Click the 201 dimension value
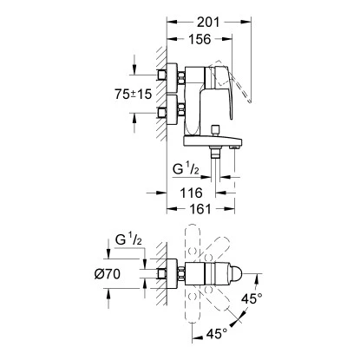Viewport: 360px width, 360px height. [x=208, y=23]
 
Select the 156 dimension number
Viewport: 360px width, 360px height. [x=200, y=39]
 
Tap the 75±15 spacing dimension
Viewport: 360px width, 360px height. [x=133, y=94]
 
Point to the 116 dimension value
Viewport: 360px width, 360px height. [x=191, y=193]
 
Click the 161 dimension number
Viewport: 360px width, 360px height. [x=200, y=209]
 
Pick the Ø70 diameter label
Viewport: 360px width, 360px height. [x=108, y=274]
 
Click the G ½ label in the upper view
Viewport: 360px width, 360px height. [x=187, y=168]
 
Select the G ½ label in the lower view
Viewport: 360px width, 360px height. [x=128, y=239]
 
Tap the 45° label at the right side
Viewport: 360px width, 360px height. [x=252, y=298]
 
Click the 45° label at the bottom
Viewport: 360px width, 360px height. [x=217, y=334]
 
